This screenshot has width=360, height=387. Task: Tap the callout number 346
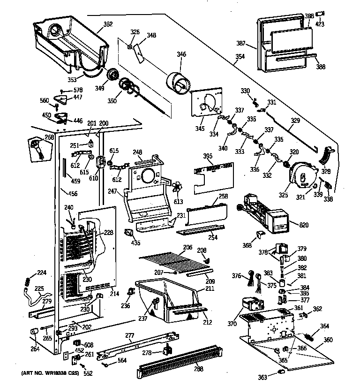pos(181,55)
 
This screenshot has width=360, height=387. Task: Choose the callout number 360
pos(328,340)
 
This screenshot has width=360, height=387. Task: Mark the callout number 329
pos(295,121)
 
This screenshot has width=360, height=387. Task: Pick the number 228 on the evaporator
pos(109,232)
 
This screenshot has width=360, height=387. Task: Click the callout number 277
pos(130,336)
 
